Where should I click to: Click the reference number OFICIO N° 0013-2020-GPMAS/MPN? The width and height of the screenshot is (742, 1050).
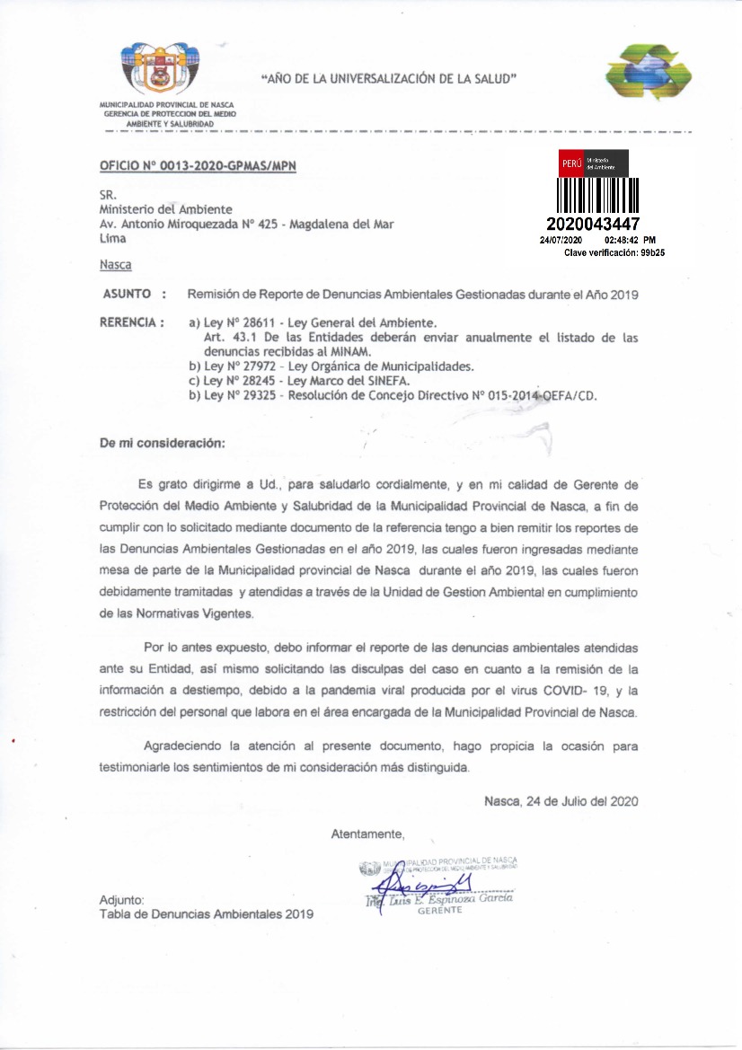[x=198, y=166]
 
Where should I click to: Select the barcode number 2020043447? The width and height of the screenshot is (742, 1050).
[x=593, y=224]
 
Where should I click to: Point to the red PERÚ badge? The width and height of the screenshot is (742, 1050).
[x=571, y=163]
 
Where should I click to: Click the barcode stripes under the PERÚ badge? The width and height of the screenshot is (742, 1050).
[x=597, y=195]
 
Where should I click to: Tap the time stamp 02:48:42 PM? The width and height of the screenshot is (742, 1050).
[x=631, y=241]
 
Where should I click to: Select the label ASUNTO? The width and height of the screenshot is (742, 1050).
[x=127, y=294]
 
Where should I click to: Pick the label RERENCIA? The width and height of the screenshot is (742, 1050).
[x=131, y=321]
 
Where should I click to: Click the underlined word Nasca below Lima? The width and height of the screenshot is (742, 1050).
[x=115, y=265]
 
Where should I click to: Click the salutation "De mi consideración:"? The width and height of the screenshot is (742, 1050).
[x=163, y=443]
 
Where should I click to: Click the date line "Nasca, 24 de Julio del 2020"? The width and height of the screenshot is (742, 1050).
[x=561, y=800]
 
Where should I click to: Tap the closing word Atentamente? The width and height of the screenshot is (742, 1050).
[x=367, y=834]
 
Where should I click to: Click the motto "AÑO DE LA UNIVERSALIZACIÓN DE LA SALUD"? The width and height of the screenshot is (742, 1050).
[x=388, y=79]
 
